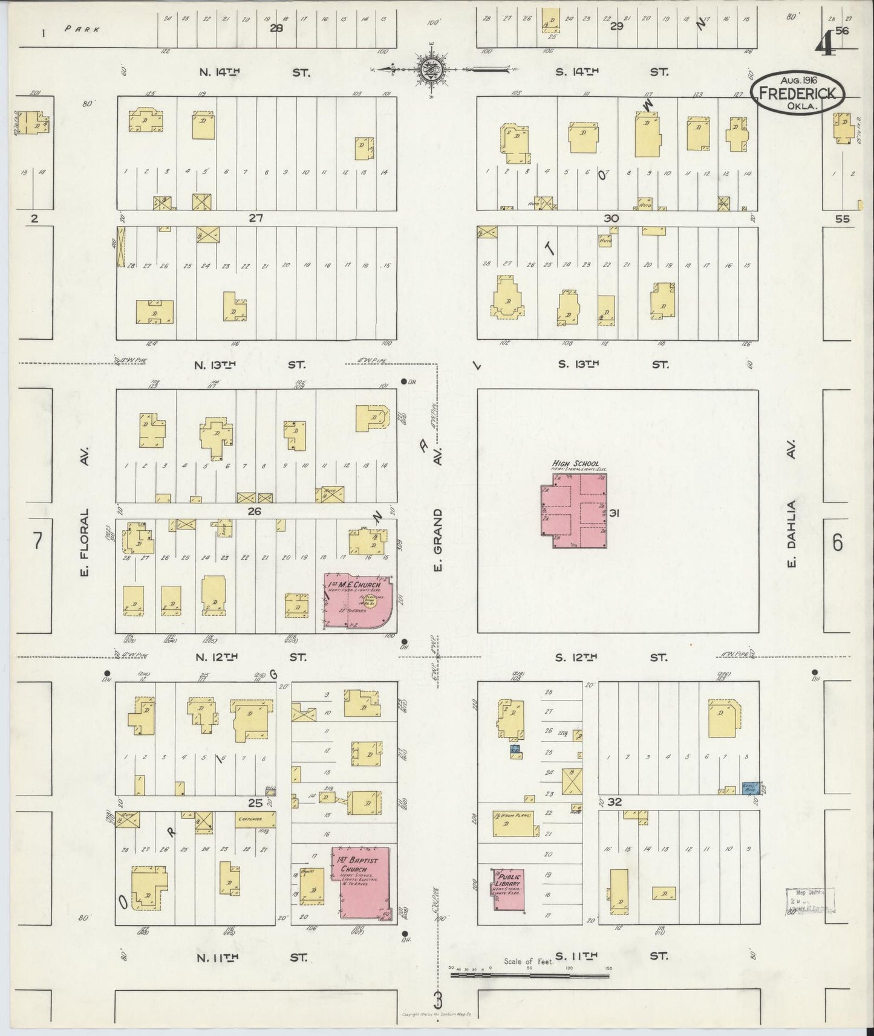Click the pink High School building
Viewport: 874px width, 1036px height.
click(574, 511)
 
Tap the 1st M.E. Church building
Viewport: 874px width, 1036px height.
click(357, 601)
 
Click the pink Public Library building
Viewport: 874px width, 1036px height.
click(507, 888)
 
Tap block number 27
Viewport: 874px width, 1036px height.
click(256, 218)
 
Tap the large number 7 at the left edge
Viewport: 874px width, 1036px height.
click(38, 541)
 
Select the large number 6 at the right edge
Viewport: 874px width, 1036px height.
click(837, 543)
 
